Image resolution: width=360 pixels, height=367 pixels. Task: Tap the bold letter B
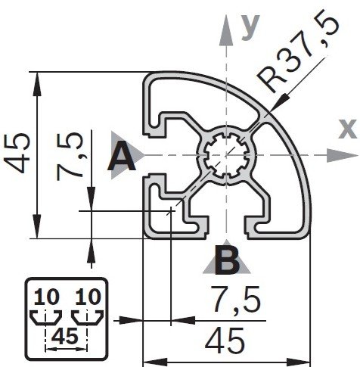[227, 261]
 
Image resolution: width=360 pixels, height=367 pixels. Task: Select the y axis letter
[250, 27]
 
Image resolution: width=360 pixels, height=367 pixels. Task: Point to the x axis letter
[348, 129]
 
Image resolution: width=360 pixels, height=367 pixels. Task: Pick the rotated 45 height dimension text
[17, 154]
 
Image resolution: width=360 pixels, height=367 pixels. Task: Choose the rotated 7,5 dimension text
[70, 156]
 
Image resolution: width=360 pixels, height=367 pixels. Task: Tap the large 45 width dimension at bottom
[225, 341]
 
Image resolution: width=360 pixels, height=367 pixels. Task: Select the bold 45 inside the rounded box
[65, 337]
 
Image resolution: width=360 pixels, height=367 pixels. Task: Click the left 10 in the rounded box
[47, 297]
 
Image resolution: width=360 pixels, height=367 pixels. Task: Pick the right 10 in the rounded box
[88, 297]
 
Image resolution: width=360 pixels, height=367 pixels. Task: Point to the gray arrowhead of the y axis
[226, 31]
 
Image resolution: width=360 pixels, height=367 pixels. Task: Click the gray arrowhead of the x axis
[343, 155]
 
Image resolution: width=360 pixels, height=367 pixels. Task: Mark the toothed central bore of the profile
[226, 155]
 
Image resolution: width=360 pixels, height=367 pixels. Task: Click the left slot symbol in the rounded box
[45, 317]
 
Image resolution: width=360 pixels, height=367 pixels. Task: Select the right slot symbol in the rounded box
[87, 317]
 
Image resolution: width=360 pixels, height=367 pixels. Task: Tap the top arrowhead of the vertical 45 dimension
[37, 84]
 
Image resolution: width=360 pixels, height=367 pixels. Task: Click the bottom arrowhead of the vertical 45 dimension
[37, 226]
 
